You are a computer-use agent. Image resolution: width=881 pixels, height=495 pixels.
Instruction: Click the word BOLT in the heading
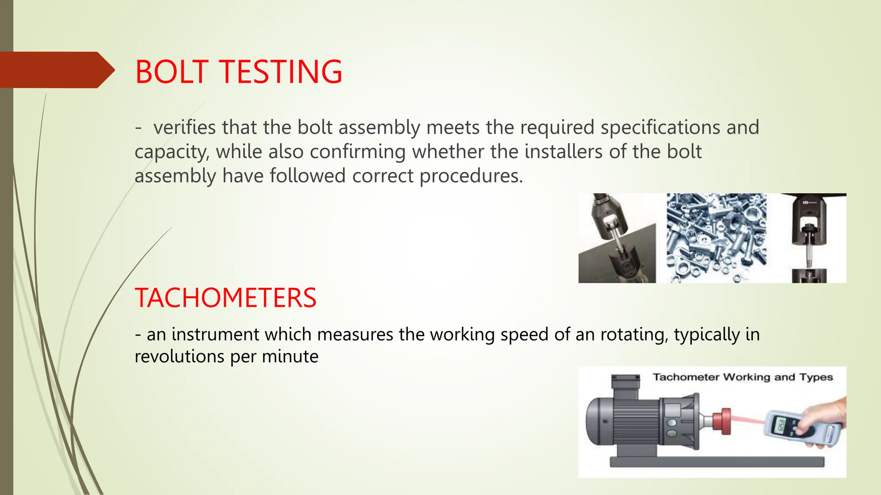click(172, 72)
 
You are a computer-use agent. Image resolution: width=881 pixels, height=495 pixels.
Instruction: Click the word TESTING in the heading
click(281, 72)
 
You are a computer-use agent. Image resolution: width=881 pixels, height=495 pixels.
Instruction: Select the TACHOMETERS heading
click(225, 298)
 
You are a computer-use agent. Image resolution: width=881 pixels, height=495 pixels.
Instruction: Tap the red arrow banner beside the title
click(56, 70)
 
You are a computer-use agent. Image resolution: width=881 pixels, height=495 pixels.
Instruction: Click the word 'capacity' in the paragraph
click(172, 152)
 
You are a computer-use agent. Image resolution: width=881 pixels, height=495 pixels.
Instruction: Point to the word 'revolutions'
click(179, 357)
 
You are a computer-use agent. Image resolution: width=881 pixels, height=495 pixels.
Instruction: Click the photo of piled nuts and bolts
click(716, 238)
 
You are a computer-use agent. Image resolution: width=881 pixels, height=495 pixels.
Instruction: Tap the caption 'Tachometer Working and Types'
click(742, 377)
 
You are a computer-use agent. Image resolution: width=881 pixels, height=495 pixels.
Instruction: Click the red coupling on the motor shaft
click(721, 421)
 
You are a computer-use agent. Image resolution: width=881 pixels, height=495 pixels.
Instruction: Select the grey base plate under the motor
click(717, 462)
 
